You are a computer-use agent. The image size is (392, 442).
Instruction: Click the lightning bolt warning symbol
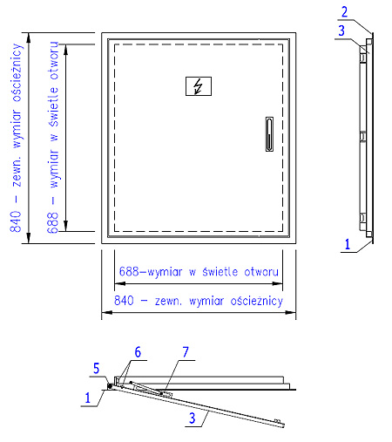(x=199, y=86)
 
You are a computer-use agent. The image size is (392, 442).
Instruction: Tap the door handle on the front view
(x=269, y=134)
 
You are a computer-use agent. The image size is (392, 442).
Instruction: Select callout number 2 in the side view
(x=344, y=12)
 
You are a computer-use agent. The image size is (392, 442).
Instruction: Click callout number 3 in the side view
(x=341, y=31)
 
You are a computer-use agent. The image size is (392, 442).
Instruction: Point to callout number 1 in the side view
(x=348, y=244)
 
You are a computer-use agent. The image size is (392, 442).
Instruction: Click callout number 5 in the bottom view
(x=97, y=368)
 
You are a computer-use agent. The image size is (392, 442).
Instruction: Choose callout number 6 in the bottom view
(x=138, y=352)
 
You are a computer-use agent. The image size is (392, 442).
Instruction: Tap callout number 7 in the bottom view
(x=186, y=352)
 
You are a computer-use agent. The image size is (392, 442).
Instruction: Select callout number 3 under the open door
(x=193, y=418)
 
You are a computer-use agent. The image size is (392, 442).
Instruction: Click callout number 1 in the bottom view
(x=88, y=398)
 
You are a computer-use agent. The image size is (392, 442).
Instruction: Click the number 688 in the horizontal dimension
(x=129, y=272)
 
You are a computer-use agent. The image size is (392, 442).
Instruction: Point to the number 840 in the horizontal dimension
(x=124, y=300)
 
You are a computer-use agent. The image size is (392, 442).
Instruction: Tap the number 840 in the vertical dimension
(x=16, y=221)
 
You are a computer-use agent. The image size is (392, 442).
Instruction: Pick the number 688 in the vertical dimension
(x=53, y=223)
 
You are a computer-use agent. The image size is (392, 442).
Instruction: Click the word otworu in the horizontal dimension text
(x=261, y=272)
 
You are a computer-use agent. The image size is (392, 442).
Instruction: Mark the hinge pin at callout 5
(x=110, y=386)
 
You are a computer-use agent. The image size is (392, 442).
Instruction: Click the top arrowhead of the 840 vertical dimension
(x=29, y=38)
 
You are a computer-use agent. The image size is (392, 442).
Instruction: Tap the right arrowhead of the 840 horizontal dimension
(x=290, y=312)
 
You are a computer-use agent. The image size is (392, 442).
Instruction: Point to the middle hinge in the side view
(x=362, y=136)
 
